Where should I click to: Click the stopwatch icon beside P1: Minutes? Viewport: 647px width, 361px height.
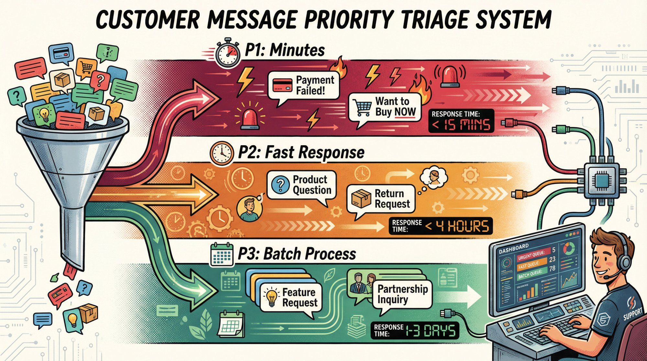coord(227,54)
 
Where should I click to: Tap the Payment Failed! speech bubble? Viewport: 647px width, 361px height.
coord(304,86)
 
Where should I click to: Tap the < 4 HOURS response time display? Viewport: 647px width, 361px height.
coord(440,226)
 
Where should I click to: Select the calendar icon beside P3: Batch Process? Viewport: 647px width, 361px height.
coord(222,255)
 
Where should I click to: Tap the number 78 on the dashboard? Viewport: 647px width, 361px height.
coord(552,268)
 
